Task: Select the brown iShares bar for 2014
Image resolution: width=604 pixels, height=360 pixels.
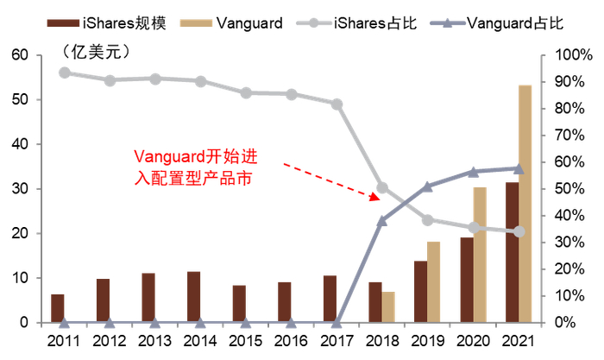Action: pyautogui.click(x=194, y=297)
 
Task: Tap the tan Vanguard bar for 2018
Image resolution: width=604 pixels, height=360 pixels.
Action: pyautogui.click(x=388, y=307)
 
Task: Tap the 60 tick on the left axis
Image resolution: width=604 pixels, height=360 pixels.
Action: pyautogui.click(x=19, y=56)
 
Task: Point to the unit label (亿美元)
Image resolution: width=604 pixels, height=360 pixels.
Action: pyautogui.click(x=94, y=52)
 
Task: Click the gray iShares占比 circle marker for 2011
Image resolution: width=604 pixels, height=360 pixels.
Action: pyautogui.click(x=65, y=73)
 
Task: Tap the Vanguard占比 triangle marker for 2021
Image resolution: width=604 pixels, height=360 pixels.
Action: pyautogui.click(x=519, y=168)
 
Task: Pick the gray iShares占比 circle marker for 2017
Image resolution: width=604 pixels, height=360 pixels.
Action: pyautogui.click(x=337, y=104)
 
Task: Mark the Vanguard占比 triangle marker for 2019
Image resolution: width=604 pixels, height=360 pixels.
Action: pyautogui.click(x=428, y=186)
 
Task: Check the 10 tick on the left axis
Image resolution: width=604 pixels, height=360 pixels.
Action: pyautogui.click(x=19, y=278)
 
